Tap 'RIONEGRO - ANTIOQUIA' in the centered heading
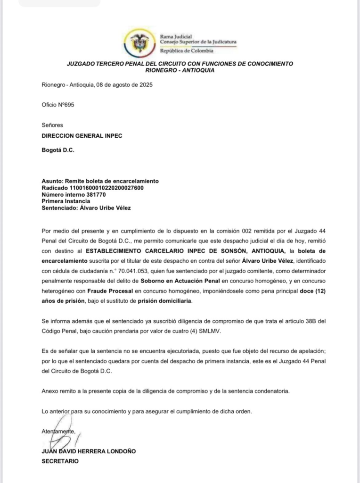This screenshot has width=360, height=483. point(180,70)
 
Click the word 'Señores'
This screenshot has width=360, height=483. point(52,125)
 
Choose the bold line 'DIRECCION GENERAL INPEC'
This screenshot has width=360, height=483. point(82,136)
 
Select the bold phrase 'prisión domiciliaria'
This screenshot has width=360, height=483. point(165,300)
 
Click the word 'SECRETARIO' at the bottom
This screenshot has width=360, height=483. point(60,461)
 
